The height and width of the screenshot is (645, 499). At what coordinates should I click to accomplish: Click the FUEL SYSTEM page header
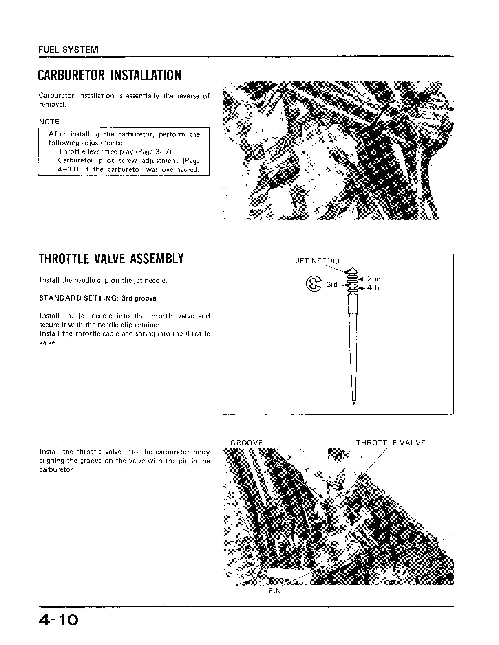(x=68, y=50)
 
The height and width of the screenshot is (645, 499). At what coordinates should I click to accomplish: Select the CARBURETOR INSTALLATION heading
(x=109, y=75)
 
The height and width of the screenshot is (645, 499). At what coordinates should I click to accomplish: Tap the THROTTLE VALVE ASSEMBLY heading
(x=111, y=259)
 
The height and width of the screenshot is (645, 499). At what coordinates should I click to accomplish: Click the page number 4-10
(x=58, y=620)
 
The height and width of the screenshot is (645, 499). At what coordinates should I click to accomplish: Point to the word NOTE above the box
(x=49, y=122)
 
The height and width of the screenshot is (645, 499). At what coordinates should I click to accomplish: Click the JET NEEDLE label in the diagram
(x=318, y=261)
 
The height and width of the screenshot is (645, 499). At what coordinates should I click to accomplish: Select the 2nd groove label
(x=374, y=279)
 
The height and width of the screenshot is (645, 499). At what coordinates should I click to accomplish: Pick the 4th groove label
(x=373, y=288)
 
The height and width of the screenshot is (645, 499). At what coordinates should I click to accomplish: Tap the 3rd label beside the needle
(x=332, y=284)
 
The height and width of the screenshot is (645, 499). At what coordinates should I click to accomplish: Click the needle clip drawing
(x=313, y=284)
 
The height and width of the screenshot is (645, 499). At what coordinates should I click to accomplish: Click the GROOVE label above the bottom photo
(x=246, y=443)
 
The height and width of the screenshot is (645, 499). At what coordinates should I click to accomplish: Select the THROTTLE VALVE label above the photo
(x=391, y=443)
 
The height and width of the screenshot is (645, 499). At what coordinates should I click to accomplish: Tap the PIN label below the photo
(x=274, y=591)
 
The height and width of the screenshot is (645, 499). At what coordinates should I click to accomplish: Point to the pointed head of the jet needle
(x=351, y=271)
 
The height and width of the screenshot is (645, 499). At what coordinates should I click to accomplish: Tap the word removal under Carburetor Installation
(x=52, y=105)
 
